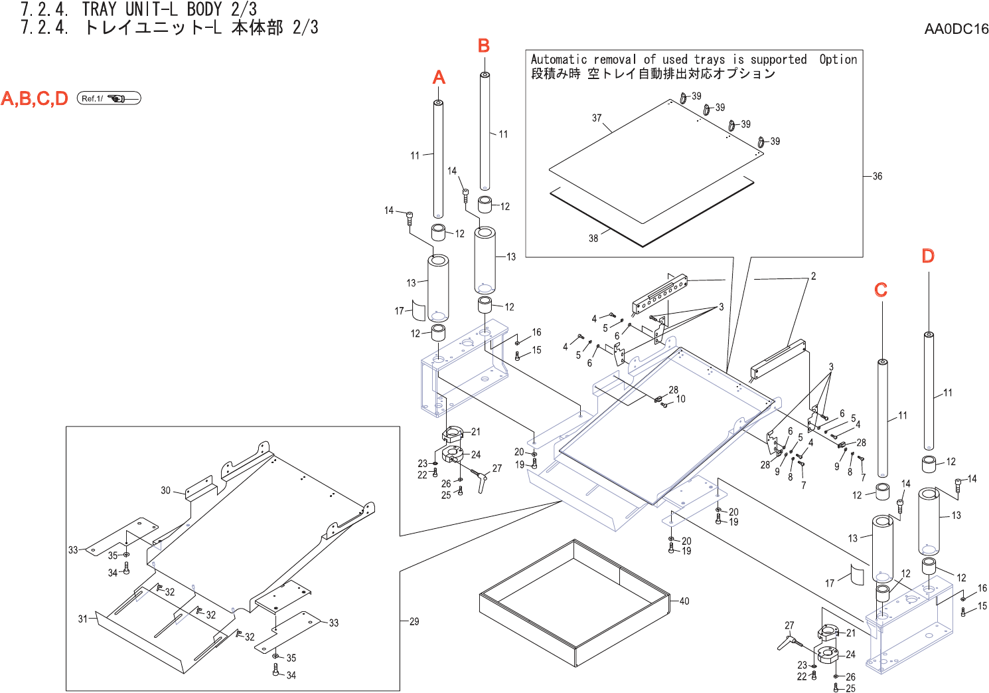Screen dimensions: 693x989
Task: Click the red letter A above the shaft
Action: [439, 78]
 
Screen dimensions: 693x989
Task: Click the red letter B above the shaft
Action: [484, 46]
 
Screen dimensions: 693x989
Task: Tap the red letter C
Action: [881, 290]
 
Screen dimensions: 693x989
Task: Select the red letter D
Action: [928, 256]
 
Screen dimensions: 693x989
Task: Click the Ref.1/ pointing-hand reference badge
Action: [109, 98]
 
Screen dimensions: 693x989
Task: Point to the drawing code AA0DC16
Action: [956, 29]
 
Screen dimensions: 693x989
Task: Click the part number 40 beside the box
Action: [684, 601]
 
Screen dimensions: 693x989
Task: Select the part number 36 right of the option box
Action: [877, 176]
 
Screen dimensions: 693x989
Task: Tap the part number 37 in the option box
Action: [597, 118]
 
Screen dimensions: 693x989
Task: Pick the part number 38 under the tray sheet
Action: [593, 238]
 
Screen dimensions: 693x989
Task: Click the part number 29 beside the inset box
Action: [414, 622]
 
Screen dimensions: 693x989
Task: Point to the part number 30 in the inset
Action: [166, 490]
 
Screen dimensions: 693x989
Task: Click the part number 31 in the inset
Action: [82, 619]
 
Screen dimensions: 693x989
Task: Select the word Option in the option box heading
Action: [838, 60]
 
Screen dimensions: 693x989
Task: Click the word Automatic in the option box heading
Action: [559, 60]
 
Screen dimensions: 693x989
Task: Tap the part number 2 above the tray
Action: [813, 276]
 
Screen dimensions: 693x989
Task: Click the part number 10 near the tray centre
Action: [681, 399]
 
